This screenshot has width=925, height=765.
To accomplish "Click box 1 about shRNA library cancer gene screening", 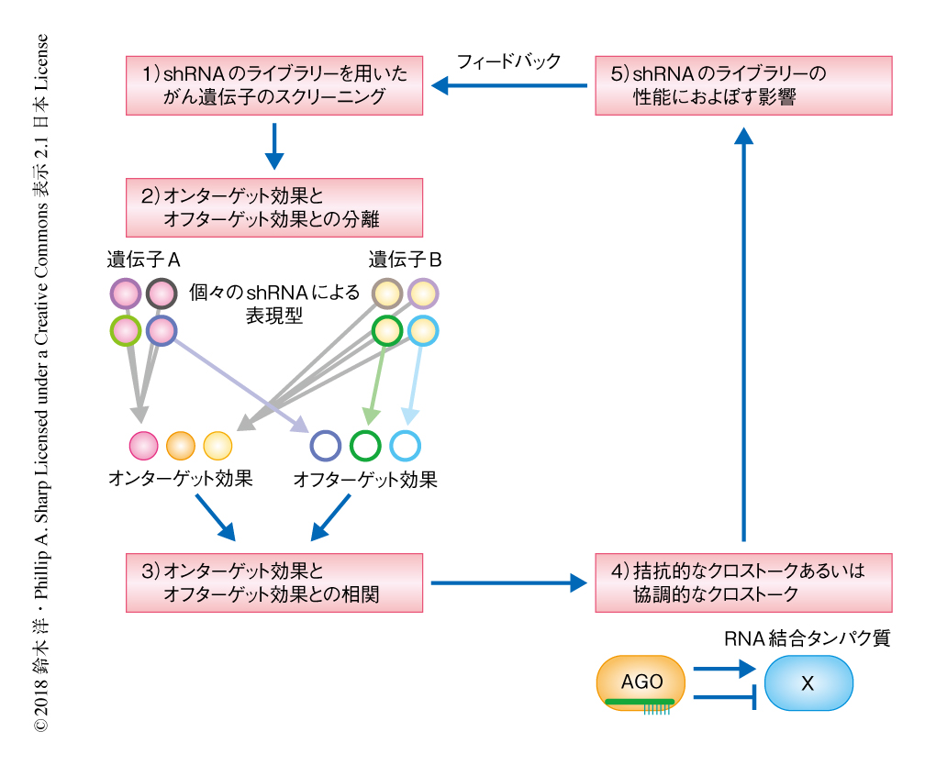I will pos(273,85).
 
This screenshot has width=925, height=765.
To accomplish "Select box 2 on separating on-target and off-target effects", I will pos(273,207).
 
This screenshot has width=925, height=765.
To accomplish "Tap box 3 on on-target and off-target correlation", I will pos(273,582).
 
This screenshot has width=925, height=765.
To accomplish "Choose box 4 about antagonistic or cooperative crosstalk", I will pos(743,582).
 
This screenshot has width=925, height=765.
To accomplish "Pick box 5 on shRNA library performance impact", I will pos(743,85).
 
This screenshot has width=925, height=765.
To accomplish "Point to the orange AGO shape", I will pos(641,683).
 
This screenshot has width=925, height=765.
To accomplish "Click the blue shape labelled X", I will pos(808,683).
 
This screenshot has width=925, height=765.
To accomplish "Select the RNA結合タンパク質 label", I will pos(807,638).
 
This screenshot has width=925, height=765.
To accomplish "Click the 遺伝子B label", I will pos(405,260).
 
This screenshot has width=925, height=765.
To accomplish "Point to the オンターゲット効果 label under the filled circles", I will pos(180,479).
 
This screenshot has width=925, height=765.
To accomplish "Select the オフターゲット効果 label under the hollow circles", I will pos(364,479).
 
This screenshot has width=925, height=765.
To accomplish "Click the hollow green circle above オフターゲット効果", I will pos(365,446).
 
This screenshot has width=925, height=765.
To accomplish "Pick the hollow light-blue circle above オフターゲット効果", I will pos(405,446).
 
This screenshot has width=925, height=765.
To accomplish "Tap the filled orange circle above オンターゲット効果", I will pos(181,446).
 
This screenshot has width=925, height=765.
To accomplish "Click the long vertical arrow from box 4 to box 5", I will pos(743,339).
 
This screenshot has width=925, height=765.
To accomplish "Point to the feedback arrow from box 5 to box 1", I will pos(508,85).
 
